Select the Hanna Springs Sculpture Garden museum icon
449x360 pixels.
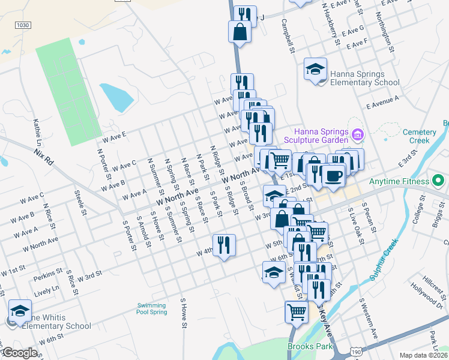pyautogui.click(x=358, y=134)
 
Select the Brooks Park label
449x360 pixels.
pyautogui.click(x=310, y=346)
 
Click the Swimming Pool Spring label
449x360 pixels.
pyautogui.click(x=151, y=308)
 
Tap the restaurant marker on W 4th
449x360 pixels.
pyautogui.click(x=224, y=245)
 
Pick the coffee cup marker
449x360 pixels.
pyautogui.click(x=333, y=175)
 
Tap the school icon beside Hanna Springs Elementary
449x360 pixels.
pyautogui.click(x=315, y=70)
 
